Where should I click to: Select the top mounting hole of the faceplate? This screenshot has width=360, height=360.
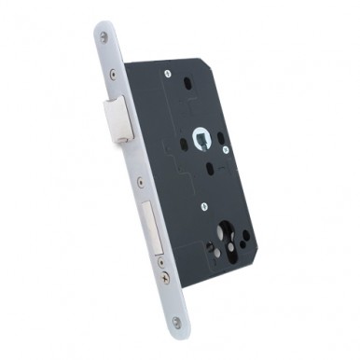(x=104, y=36)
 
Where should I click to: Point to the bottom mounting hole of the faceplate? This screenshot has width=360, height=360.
(x=177, y=322)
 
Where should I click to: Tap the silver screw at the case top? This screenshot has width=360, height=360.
(x=167, y=73)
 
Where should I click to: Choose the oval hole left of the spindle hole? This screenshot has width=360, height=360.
(x=183, y=145)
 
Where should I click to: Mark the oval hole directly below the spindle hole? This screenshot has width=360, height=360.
(x=211, y=169)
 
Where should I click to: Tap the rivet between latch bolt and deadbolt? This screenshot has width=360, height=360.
(x=140, y=182)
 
